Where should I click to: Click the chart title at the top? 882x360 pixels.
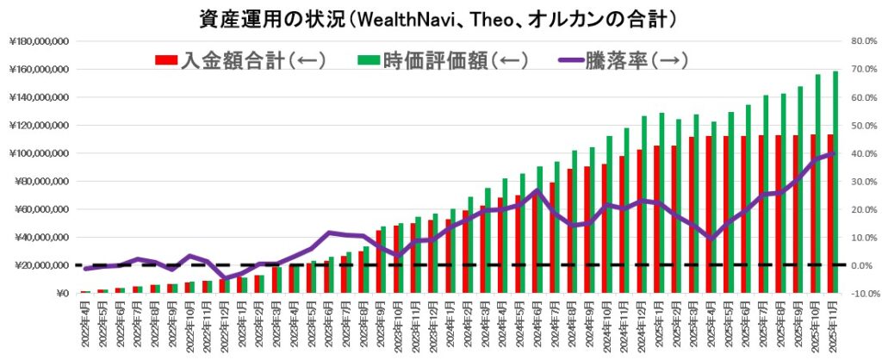pyautogui.click(x=440, y=16)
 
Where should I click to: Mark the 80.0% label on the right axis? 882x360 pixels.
pyautogui.click(x=862, y=40)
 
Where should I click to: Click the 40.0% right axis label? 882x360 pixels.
pyautogui.click(x=862, y=153)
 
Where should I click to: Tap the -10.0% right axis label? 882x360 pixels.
pyautogui.click(x=860, y=294)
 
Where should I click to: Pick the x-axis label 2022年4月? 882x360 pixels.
pyautogui.click(x=86, y=326)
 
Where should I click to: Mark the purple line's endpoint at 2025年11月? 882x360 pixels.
pyautogui.click(x=832, y=153)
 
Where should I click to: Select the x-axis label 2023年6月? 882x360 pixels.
pyautogui.click(x=330, y=326)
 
